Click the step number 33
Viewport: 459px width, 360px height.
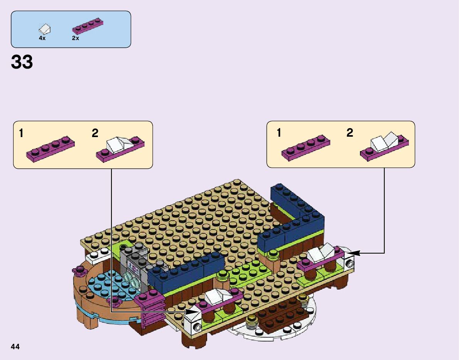22,62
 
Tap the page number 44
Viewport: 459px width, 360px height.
15,347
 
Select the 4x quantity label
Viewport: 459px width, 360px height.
42,38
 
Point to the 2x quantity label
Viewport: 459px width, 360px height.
75,38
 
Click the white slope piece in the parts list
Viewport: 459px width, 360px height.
45,29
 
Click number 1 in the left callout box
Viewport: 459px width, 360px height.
21,133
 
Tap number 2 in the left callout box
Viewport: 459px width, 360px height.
95,133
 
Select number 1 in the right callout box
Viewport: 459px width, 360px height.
279,133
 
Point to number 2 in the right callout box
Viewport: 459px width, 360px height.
350,133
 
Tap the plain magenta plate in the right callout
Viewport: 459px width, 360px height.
306,148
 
